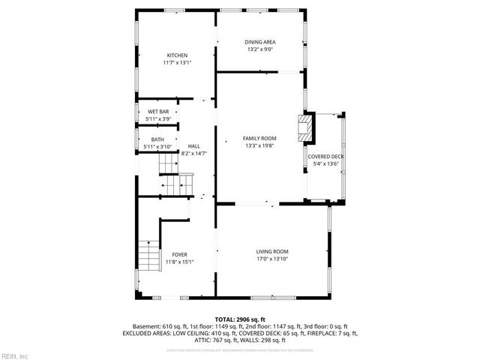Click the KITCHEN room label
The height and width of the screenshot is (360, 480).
coord(177,55)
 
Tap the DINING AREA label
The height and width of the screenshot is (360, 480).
coord(259,41)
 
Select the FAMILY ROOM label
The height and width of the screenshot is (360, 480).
coord(259,139)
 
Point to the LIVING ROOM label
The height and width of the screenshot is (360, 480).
coord(272,251)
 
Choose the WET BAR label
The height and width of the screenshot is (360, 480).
coord(158,112)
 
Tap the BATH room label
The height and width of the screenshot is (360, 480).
coord(157,139)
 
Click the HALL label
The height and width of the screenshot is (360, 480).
coord(193,146)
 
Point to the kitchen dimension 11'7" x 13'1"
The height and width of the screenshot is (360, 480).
coord(177,63)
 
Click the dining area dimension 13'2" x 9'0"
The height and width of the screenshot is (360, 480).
coord(259,49)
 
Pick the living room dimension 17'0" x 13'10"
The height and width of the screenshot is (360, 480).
coord(272,259)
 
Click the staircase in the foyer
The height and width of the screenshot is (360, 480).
coord(150,256)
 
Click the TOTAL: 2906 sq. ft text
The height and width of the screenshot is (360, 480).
coord(240,319)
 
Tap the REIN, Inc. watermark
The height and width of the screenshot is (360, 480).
coord(15,355)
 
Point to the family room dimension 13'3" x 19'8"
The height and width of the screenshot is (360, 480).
coord(259,146)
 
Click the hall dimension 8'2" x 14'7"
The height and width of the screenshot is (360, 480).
coord(193,154)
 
